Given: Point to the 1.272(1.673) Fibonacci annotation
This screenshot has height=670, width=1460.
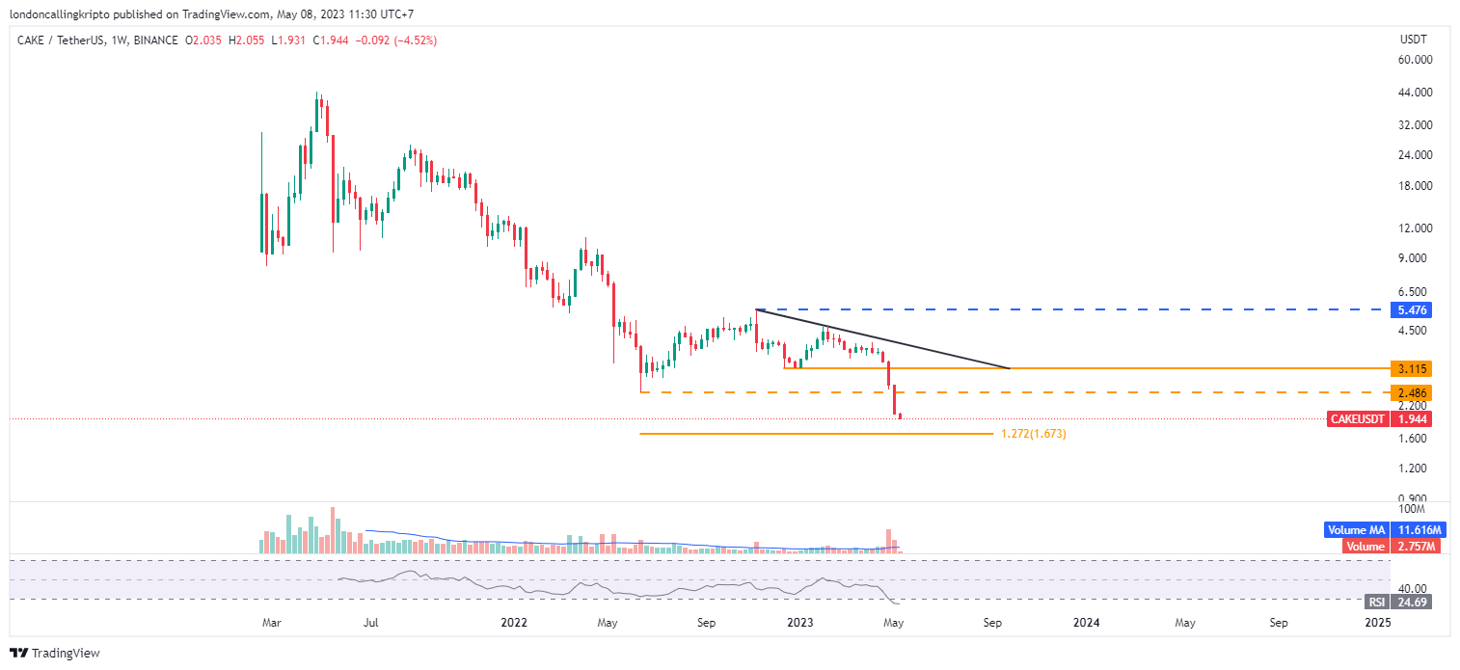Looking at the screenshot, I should pyautogui.click(x=1033, y=435).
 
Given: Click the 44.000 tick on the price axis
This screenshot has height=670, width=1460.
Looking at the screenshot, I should pyautogui.click(x=1415, y=93).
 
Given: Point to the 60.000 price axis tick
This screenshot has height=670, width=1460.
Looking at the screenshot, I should pyautogui.click(x=1415, y=60).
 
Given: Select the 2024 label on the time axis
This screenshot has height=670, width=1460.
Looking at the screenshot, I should pyautogui.click(x=1087, y=623).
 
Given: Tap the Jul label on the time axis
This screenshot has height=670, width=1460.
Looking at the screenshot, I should pyautogui.click(x=369, y=623).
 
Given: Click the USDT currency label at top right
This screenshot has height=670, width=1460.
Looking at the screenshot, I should pyautogui.click(x=1414, y=40).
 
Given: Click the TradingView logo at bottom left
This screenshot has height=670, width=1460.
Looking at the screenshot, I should pyautogui.click(x=56, y=654).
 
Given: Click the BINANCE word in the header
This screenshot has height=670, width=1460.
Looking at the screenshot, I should pyautogui.click(x=156, y=40).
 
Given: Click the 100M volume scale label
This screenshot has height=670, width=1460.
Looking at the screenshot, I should pyautogui.click(x=1412, y=508).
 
